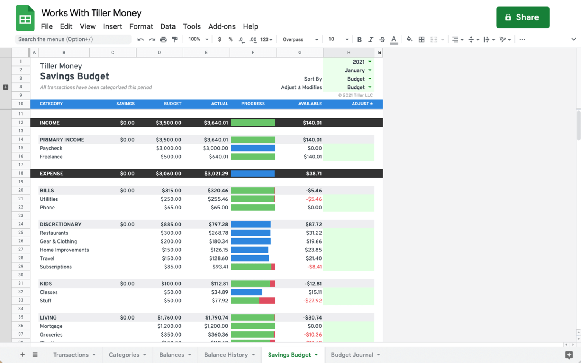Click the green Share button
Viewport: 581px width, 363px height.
(x=522, y=17)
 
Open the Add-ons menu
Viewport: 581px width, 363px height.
(x=222, y=26)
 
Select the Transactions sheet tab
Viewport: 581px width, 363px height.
(x=71, y=355)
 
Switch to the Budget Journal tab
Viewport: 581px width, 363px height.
(x=352, y=355)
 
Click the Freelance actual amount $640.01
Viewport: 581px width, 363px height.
(x=218, y=157)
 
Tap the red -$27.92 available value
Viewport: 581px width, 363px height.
(x=312, y=301)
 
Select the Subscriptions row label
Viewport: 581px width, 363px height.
(x=56, y=267)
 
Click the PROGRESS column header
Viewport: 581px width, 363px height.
(x=253, y=104)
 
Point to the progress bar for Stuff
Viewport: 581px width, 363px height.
(x=253, y=301)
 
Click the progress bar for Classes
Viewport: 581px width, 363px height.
(x=246, y=292)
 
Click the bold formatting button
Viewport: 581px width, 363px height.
(x=359, y=39)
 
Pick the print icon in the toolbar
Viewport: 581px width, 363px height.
(x=163, y=39)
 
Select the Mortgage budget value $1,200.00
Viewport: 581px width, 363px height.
(x=169, y=326)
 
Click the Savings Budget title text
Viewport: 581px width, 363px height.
(x=75, y=76)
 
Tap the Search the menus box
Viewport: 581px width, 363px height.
(x=73, y=39)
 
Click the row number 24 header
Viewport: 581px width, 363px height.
(x=21, y=224)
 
